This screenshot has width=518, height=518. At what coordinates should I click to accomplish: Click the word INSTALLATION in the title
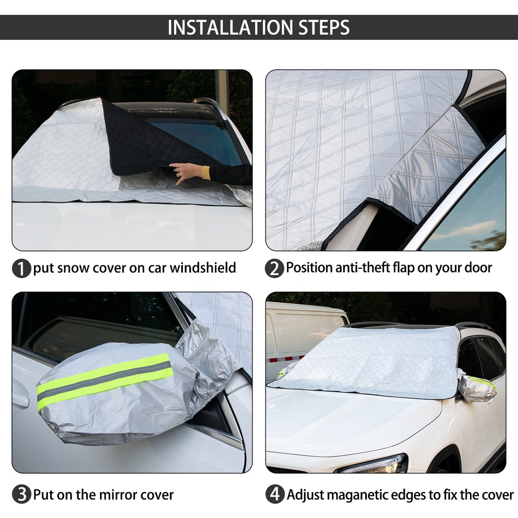(x=227, y=27)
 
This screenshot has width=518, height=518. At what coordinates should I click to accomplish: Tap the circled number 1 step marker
(x=21, y=268)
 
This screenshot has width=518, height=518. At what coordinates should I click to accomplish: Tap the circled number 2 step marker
(x=274, y=268)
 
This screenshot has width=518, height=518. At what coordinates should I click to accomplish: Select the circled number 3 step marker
(x=21, y=495)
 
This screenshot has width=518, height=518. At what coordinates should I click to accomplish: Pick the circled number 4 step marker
(x=274, y=495)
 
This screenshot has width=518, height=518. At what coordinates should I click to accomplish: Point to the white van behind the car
(x=302, y=335)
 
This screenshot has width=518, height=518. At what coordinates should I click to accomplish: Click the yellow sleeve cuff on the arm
(x=206, y=172)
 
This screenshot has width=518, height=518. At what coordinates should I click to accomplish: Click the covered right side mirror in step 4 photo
(x=478, y=388)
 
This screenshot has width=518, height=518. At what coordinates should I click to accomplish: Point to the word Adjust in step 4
(x=305, y=495)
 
